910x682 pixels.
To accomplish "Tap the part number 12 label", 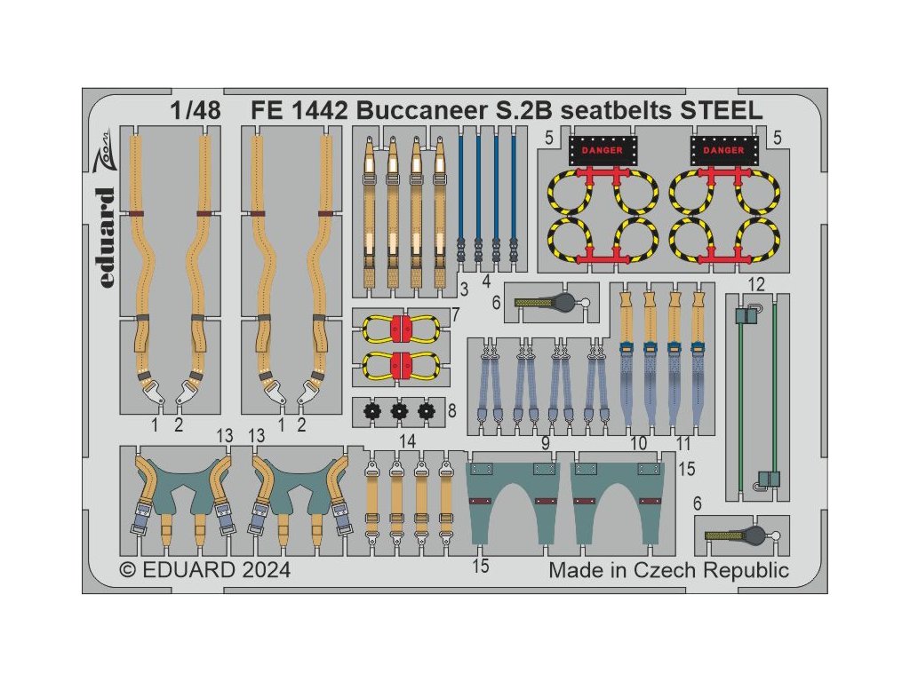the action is click(756, 284).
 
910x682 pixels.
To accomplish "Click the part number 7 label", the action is click(455, 315).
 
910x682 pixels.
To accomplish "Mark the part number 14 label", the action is click(408, 441).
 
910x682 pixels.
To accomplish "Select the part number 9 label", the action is click(545, 441).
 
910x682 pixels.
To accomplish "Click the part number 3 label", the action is click(463, 289).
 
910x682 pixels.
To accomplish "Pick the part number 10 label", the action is click(635, 441).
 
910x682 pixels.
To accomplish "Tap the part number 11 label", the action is click(682, 441).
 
